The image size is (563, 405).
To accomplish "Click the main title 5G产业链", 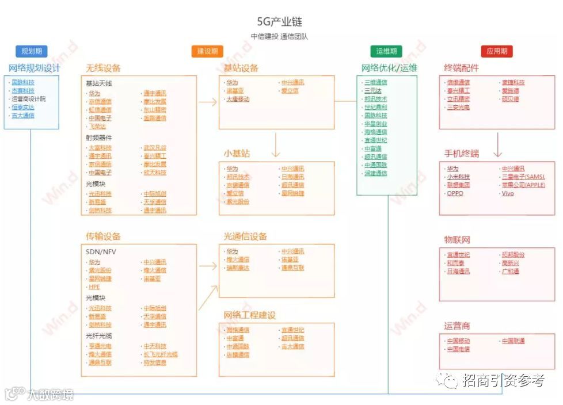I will (280, 22).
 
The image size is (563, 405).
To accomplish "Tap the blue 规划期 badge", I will (31, 51).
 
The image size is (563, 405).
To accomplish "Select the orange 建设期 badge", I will (207, 51).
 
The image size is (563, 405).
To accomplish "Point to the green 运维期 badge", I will (387, 51).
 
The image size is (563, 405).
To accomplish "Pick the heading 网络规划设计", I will (34, 68).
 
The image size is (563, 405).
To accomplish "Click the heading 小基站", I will (237, 154).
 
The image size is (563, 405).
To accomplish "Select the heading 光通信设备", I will (245, 236).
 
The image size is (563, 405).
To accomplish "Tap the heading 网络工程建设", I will (250, 315).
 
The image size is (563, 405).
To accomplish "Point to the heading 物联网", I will (457, 240).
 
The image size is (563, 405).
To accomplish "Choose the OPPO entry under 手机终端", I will (455, 193).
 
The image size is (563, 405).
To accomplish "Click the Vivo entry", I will (508, 193).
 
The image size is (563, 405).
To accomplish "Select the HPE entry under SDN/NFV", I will (94, 286).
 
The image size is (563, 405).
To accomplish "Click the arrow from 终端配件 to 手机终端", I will (498, 145).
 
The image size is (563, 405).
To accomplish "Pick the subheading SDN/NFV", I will (101, 252).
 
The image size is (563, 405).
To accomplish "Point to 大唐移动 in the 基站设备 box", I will (238, 99).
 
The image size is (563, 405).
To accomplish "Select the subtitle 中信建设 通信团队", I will (280, 36).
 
